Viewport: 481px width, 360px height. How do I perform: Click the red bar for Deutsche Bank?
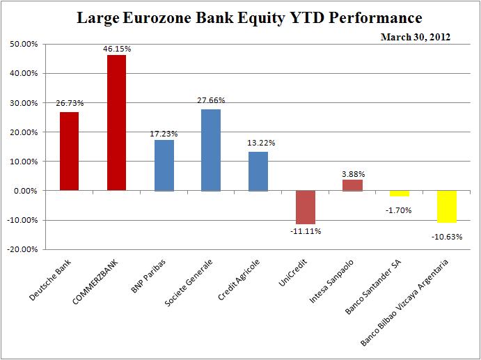coord(69,151)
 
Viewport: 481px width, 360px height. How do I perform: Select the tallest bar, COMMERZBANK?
coord(116,123)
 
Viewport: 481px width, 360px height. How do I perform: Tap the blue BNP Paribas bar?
coord(164,165)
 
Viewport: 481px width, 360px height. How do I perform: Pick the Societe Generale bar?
coord(211,150)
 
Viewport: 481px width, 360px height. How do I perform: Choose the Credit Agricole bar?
coord(258,171)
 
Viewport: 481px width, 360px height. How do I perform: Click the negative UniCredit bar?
coord(305,207)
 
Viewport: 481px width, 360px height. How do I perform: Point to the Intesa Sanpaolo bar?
coord(352,185)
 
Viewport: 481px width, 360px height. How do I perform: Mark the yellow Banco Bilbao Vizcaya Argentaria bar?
coord(447,206)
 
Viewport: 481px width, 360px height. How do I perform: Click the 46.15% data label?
coord(116,49)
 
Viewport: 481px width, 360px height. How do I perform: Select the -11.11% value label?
coord(305,231)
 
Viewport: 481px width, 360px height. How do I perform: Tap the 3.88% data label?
coord(353,173)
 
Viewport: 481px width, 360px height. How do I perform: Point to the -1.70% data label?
coord(400,209)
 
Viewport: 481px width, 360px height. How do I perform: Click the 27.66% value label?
coord(211,100)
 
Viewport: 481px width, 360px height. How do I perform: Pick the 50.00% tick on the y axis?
coord(23,44)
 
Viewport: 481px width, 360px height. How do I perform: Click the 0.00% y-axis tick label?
coord(26,191)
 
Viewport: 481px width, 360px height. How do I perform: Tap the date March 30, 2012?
coord(415,37)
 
